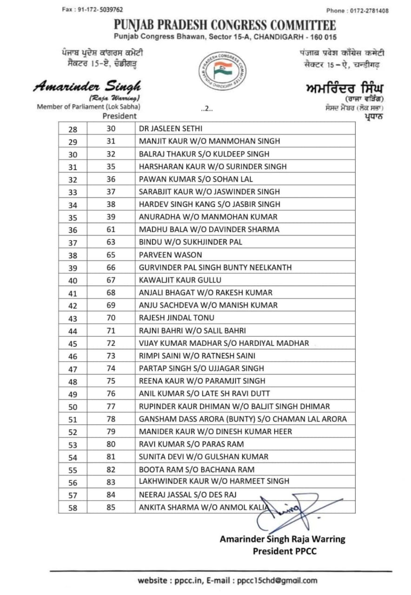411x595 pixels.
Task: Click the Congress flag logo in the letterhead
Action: pyautogui.click(x=223, y=71)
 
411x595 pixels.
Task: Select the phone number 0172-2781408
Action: pyautogui.click(x=371, y=11)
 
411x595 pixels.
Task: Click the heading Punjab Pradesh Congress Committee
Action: pyautogui.click(x=225, y=25)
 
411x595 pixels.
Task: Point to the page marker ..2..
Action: pyautogui.click(x=206, y=109)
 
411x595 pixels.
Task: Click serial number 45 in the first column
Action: pyautogui.click(x=73, y=344)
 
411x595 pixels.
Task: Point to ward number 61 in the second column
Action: pyautogui.click(x=111, y=230)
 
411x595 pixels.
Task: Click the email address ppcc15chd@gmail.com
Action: pyautogui.click(x=277, y=580)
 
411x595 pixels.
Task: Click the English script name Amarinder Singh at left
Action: pyautogui.click(x=87, y=86)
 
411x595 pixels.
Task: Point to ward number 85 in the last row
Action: pyautogui.click(x=111, y=507)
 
